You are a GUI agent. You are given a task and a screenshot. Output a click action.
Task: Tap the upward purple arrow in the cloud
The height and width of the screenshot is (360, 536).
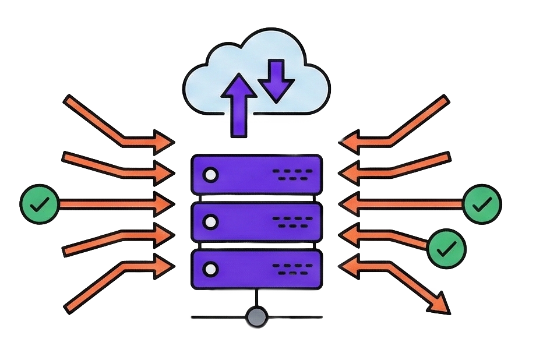point(239,105)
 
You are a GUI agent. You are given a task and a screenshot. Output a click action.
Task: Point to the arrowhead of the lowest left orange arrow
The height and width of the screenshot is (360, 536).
point(165,265)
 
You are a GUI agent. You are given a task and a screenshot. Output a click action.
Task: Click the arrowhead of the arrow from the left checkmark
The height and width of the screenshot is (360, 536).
point(165,204)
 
